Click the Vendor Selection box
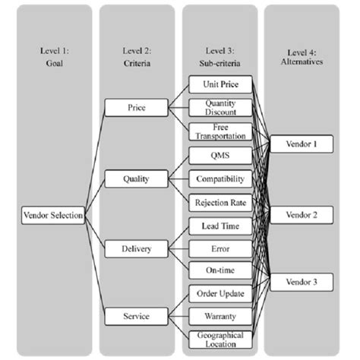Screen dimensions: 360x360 pyautogui.click(x=52, y=216)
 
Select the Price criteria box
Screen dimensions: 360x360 pyautogui.click(x=136, y=109)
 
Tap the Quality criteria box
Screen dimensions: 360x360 pyautogui.click(x=136, y=179)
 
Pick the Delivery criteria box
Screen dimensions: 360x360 pyautogui.click(x=136, y=248)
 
